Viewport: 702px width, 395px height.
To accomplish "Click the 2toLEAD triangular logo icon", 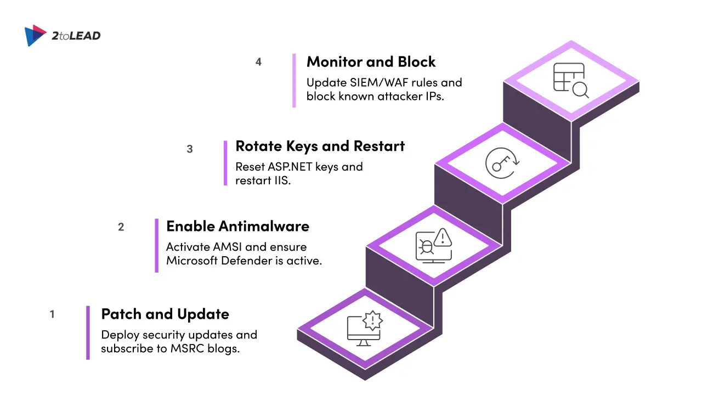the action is point(35,36).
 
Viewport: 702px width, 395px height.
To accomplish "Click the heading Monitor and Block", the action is point(371,62).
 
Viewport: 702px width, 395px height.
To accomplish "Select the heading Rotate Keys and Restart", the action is point(320,146).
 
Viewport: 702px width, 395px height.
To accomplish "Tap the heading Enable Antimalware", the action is point(238,226).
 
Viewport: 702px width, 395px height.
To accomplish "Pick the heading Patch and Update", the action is point(165,314).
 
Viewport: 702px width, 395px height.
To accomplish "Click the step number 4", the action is point(258,62).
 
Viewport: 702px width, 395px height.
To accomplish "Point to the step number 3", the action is point(190,149).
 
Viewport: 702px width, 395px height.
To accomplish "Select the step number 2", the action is point(121,227).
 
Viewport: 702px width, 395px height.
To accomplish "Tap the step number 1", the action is point(52,314).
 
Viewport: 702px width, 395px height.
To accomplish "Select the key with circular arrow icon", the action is point(502,163).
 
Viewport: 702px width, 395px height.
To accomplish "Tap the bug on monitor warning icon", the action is point(434,245).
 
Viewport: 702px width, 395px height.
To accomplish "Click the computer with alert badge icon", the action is point(365,328).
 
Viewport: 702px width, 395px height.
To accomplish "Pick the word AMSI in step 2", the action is point(227,247).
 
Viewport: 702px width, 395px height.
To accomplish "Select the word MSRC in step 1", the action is point(187,348).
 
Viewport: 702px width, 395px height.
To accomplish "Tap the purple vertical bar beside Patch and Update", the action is point(88,332).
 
